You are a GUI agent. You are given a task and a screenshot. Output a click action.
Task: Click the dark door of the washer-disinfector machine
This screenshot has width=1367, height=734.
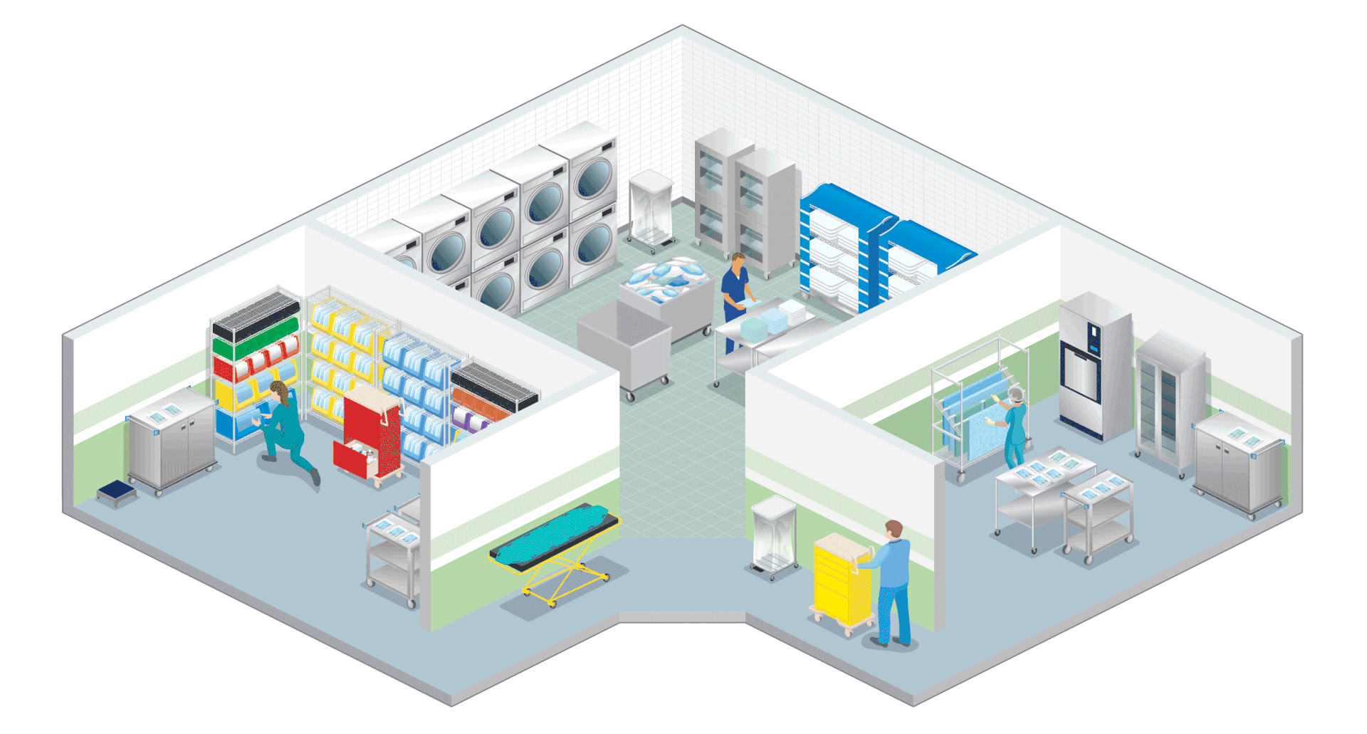click(1079, 370)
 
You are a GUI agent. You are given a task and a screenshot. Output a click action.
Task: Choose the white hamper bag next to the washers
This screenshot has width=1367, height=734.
click(650, 206)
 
